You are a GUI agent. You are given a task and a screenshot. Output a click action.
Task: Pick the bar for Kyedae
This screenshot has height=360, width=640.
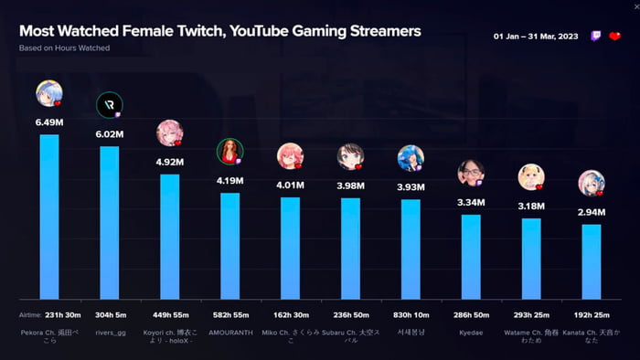[x=471, y=257]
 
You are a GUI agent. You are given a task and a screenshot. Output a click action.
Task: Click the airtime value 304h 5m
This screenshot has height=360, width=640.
[x=110, y=314]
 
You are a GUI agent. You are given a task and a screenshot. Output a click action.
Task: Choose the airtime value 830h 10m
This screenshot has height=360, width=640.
[x=411, y=314]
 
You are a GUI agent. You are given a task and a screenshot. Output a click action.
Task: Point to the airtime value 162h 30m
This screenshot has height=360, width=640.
[x=290, y=314]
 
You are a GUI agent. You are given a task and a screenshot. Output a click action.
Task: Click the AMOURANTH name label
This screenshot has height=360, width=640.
[x=229, y=333]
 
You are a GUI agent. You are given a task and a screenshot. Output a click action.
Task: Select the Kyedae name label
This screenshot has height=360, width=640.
[x=471, y=333]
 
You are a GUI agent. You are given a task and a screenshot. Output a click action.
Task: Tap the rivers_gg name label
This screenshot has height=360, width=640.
[x=110, y=333]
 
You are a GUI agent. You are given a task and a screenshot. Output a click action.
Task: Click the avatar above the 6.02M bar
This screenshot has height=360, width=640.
[x=110, y=105]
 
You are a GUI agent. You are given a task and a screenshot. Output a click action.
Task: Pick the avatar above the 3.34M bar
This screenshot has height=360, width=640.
[x=471, y=172]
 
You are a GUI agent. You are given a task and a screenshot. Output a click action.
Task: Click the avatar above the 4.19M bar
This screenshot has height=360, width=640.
[x=229, y=151]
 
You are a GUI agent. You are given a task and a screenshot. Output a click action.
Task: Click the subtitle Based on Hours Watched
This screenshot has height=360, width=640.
[x=64, y=48]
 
